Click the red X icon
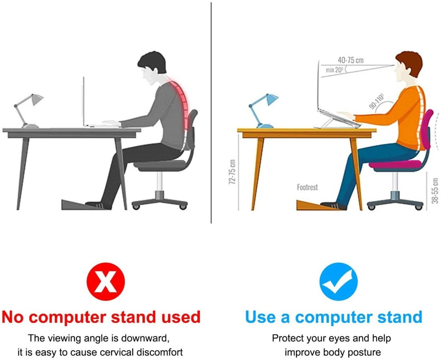click(106, 281)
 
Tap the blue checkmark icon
click(338, 281)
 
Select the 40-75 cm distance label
click(351, 60)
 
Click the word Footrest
click(307, 187)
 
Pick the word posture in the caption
click(363, 352)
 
